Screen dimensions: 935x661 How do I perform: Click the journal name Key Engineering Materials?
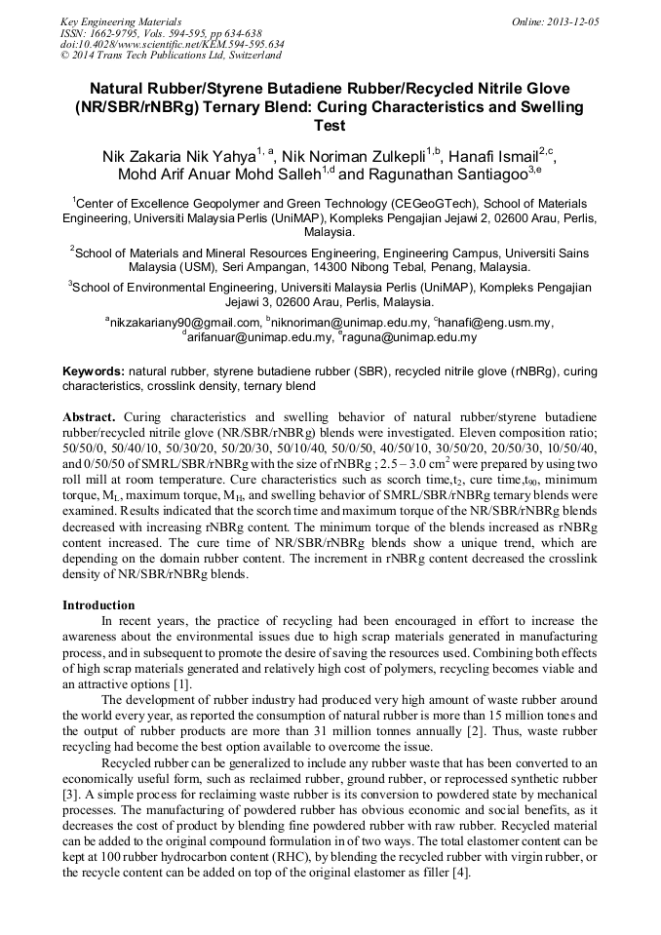[120, 20]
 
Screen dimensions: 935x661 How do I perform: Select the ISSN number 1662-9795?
[117, 32]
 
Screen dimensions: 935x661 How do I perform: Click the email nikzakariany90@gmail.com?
[184, 323]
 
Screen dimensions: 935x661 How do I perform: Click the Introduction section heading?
[98, 604]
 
